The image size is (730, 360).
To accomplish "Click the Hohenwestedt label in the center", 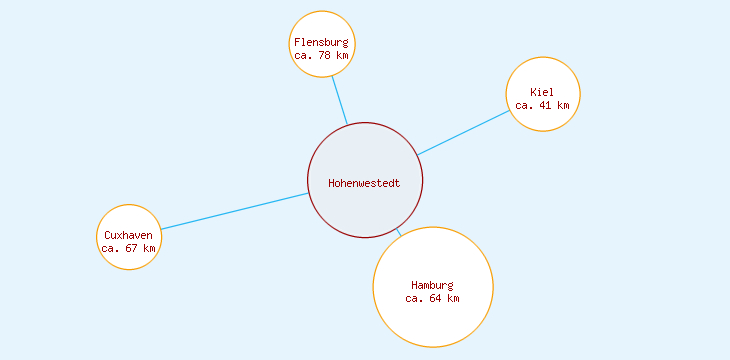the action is (x=364, y=183).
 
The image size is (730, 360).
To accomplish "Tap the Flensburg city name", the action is (x=321, y=42).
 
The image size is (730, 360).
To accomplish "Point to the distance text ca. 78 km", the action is (x=321, y=56).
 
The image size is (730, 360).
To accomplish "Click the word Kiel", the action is (x=542, y=92).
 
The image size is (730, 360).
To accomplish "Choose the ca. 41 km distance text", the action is (x=542, y=105).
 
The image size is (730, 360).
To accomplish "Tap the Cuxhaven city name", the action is (x=128, y=235).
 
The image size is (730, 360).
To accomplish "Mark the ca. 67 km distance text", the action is (x=128, y=248).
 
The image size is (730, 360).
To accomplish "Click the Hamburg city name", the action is (x=432, y=285).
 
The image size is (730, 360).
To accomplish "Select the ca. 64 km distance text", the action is (x=432, y=298).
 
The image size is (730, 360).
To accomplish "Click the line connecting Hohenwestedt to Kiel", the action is (x=464, y=132).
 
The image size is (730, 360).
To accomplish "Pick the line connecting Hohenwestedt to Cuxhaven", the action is (x=235, y=211).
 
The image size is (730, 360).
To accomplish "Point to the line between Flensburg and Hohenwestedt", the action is (x=339, y=100).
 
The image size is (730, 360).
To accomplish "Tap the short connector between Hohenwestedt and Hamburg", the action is (x=399, y=232).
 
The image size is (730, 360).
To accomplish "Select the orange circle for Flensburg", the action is (x=321, y=22).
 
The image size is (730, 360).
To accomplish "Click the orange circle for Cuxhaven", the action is (x=128, y=218).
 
